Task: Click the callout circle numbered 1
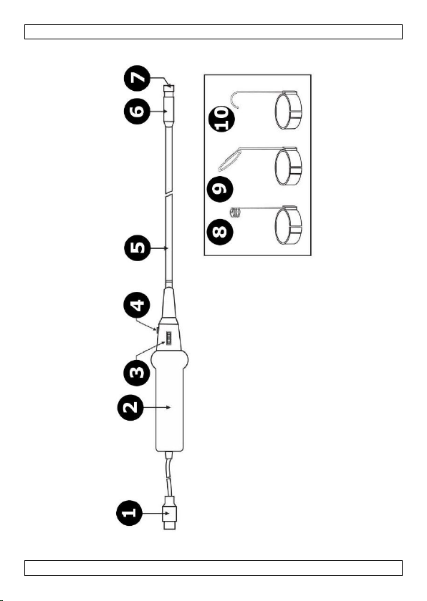129,512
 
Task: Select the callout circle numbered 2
130,407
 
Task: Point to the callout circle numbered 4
137,305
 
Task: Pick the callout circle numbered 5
138,248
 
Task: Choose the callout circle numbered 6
137,111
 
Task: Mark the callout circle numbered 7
137,78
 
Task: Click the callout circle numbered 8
220,231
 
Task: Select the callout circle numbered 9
220,189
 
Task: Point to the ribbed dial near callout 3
168,339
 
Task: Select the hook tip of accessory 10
234,98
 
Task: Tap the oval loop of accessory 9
229,160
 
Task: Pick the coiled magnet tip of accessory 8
235,212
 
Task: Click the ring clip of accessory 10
288,110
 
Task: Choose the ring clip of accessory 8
288,225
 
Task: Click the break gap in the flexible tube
168,194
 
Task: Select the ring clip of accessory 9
288,167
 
